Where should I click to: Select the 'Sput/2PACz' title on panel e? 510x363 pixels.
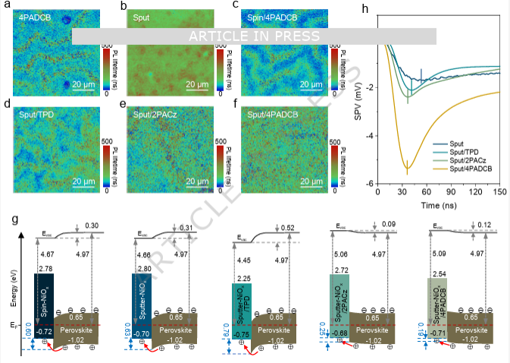coord(154,115)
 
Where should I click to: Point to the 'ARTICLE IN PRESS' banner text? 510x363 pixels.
coord(255,36)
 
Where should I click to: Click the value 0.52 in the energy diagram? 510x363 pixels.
coord(309,228)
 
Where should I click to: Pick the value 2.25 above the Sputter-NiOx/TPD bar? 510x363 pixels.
coord(243,278)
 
